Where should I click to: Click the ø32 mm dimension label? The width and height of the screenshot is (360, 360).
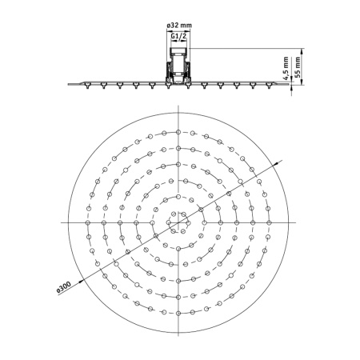[179, 26]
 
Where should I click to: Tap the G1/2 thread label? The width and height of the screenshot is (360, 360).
[178, 36]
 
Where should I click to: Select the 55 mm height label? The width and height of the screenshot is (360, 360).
[298, 66]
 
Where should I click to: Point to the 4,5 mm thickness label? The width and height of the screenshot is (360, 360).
[286, 68]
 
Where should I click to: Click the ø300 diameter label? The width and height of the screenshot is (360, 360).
[64, 287]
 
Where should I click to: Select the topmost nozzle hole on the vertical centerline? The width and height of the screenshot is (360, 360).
[178, 132]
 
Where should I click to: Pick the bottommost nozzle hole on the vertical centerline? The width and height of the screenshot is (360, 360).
[178, 313]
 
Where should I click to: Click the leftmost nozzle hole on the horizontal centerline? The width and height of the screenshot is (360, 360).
[88, 222]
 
